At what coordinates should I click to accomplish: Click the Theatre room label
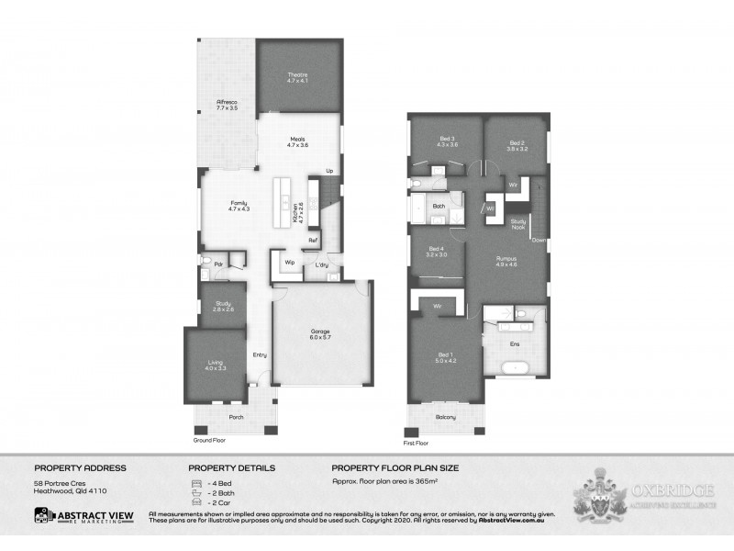296,74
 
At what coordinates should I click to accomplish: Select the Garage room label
319,332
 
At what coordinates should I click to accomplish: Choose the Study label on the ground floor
223,303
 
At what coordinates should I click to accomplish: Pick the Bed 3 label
447,141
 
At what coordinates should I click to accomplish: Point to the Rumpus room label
506,259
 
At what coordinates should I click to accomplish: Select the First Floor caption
417,443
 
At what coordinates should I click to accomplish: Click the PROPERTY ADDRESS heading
80,467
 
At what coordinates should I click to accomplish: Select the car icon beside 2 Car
195,503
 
